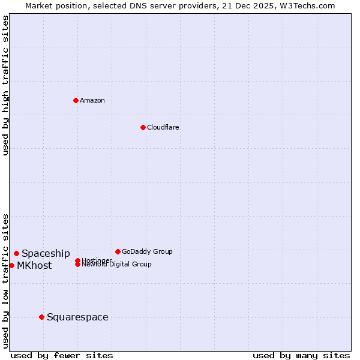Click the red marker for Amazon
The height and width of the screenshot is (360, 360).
[76, 100]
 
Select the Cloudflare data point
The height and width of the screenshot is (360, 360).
[143, 127]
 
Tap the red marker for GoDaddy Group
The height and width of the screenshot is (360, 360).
[118, 251]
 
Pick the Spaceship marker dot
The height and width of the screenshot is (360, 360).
[16, 253]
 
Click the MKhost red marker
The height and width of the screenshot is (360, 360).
[11, 265]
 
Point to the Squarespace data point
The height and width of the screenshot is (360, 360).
[41, 317]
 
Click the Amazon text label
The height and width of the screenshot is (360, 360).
[92, 100]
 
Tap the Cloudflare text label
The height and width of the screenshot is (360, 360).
[163, 127]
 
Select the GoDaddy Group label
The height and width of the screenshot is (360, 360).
[147, 251]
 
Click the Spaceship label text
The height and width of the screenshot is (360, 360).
[46, 254]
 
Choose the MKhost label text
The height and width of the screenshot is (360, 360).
[34, 266]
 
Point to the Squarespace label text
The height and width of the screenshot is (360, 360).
[77, 317]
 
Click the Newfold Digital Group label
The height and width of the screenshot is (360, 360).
[116, 264]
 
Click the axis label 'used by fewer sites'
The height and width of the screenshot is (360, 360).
[62, 355]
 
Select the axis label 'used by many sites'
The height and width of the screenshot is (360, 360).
[301, 355]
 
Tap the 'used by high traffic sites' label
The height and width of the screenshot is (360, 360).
[5, 85]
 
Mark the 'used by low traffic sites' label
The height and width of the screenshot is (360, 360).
[5, 280]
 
